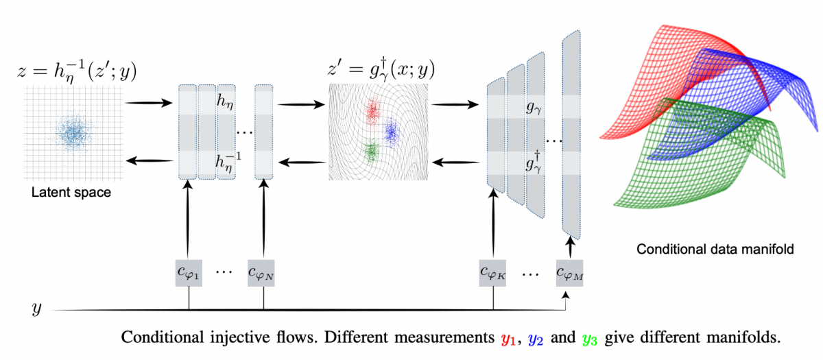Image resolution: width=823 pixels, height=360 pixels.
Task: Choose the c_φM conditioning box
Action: tap(569, 274)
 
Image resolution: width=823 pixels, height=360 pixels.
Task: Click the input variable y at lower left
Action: tap(36, 309)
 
